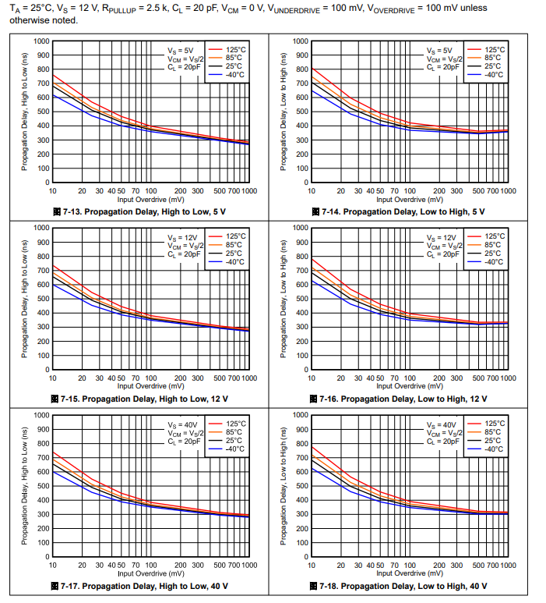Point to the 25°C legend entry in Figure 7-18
(x=493, y=441)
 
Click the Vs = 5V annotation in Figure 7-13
(x=178, y=50)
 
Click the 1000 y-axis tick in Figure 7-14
(x=301, y=41)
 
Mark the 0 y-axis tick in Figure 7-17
(x=48, y=557)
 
